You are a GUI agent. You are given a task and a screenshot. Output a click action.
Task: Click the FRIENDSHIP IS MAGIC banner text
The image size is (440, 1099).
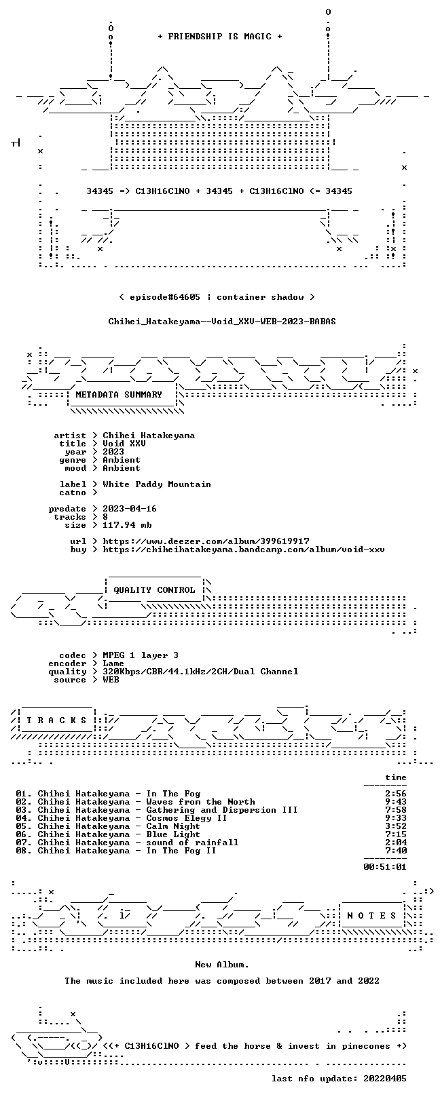(220, 37)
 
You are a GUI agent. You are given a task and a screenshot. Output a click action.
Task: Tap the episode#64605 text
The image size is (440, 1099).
(165, 297)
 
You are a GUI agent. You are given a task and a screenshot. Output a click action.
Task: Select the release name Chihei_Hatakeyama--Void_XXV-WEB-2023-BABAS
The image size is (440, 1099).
(222, 322)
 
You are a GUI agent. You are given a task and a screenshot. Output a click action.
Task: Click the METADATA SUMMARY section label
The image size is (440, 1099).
(119, 394)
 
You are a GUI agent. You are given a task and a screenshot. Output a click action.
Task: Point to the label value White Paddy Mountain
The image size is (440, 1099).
(157, 485)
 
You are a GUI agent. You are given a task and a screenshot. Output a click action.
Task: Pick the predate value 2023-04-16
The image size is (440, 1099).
(130, 509)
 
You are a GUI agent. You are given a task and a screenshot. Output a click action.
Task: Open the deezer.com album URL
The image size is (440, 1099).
(206, 541)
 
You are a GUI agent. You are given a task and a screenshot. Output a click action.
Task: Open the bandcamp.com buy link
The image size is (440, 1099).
(244, 549)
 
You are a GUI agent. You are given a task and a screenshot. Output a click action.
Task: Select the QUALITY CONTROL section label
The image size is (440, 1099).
(154, 590)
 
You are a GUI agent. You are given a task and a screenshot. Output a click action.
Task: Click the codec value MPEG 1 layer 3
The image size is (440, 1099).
(141, 655)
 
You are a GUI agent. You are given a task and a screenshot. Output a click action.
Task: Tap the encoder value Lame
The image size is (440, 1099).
(113, 663)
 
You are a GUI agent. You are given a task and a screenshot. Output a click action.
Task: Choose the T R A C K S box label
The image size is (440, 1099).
(56, 720)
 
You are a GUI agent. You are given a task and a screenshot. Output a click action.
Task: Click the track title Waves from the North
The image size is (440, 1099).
(200, 802)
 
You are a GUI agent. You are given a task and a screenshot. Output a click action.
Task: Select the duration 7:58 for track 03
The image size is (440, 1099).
(396, 810)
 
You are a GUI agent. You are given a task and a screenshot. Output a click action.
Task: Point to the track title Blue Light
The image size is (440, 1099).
(173, 834)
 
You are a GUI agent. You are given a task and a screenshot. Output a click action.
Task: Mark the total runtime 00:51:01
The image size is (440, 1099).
(385, 867)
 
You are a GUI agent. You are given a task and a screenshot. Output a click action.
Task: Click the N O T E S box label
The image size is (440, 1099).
(371, 916)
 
